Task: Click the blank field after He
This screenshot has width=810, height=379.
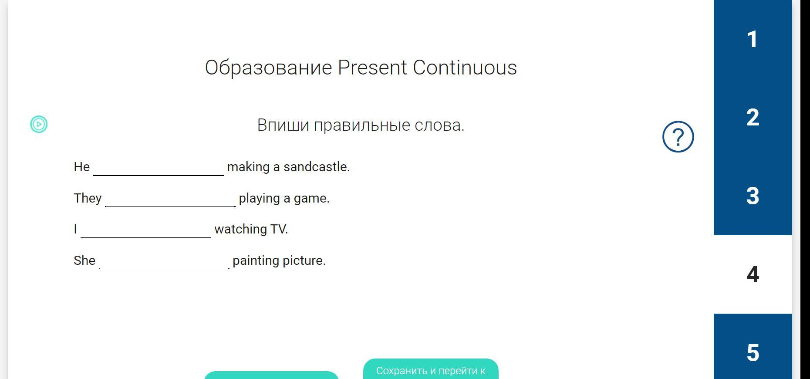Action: (x=159, y=168)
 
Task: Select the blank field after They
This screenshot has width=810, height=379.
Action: (x=170, y=199)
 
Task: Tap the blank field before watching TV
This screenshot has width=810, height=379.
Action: (x=146, y=230)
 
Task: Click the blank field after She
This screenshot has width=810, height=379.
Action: (x=164, y=261)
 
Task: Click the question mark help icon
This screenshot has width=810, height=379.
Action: (x=678, y=137)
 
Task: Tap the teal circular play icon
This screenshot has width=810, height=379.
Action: (x=39, y=124)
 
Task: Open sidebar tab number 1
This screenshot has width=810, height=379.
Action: (x=753, y=39)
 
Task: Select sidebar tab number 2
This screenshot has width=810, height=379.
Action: (x=753, y=118)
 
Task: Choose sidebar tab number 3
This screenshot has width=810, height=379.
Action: (x=753, y=196)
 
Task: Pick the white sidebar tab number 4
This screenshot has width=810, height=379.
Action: (x=753, y=274)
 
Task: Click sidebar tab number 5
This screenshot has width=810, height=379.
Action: (x=753, y=349)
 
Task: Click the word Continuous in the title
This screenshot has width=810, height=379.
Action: (x=465, y=68)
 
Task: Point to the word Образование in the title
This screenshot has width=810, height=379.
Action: (x=269, y=68)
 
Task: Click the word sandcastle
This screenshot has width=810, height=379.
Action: (x=317, y=167)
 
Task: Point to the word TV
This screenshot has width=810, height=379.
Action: (x=279, y=229)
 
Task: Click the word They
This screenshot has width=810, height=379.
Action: (x=88, y=199)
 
